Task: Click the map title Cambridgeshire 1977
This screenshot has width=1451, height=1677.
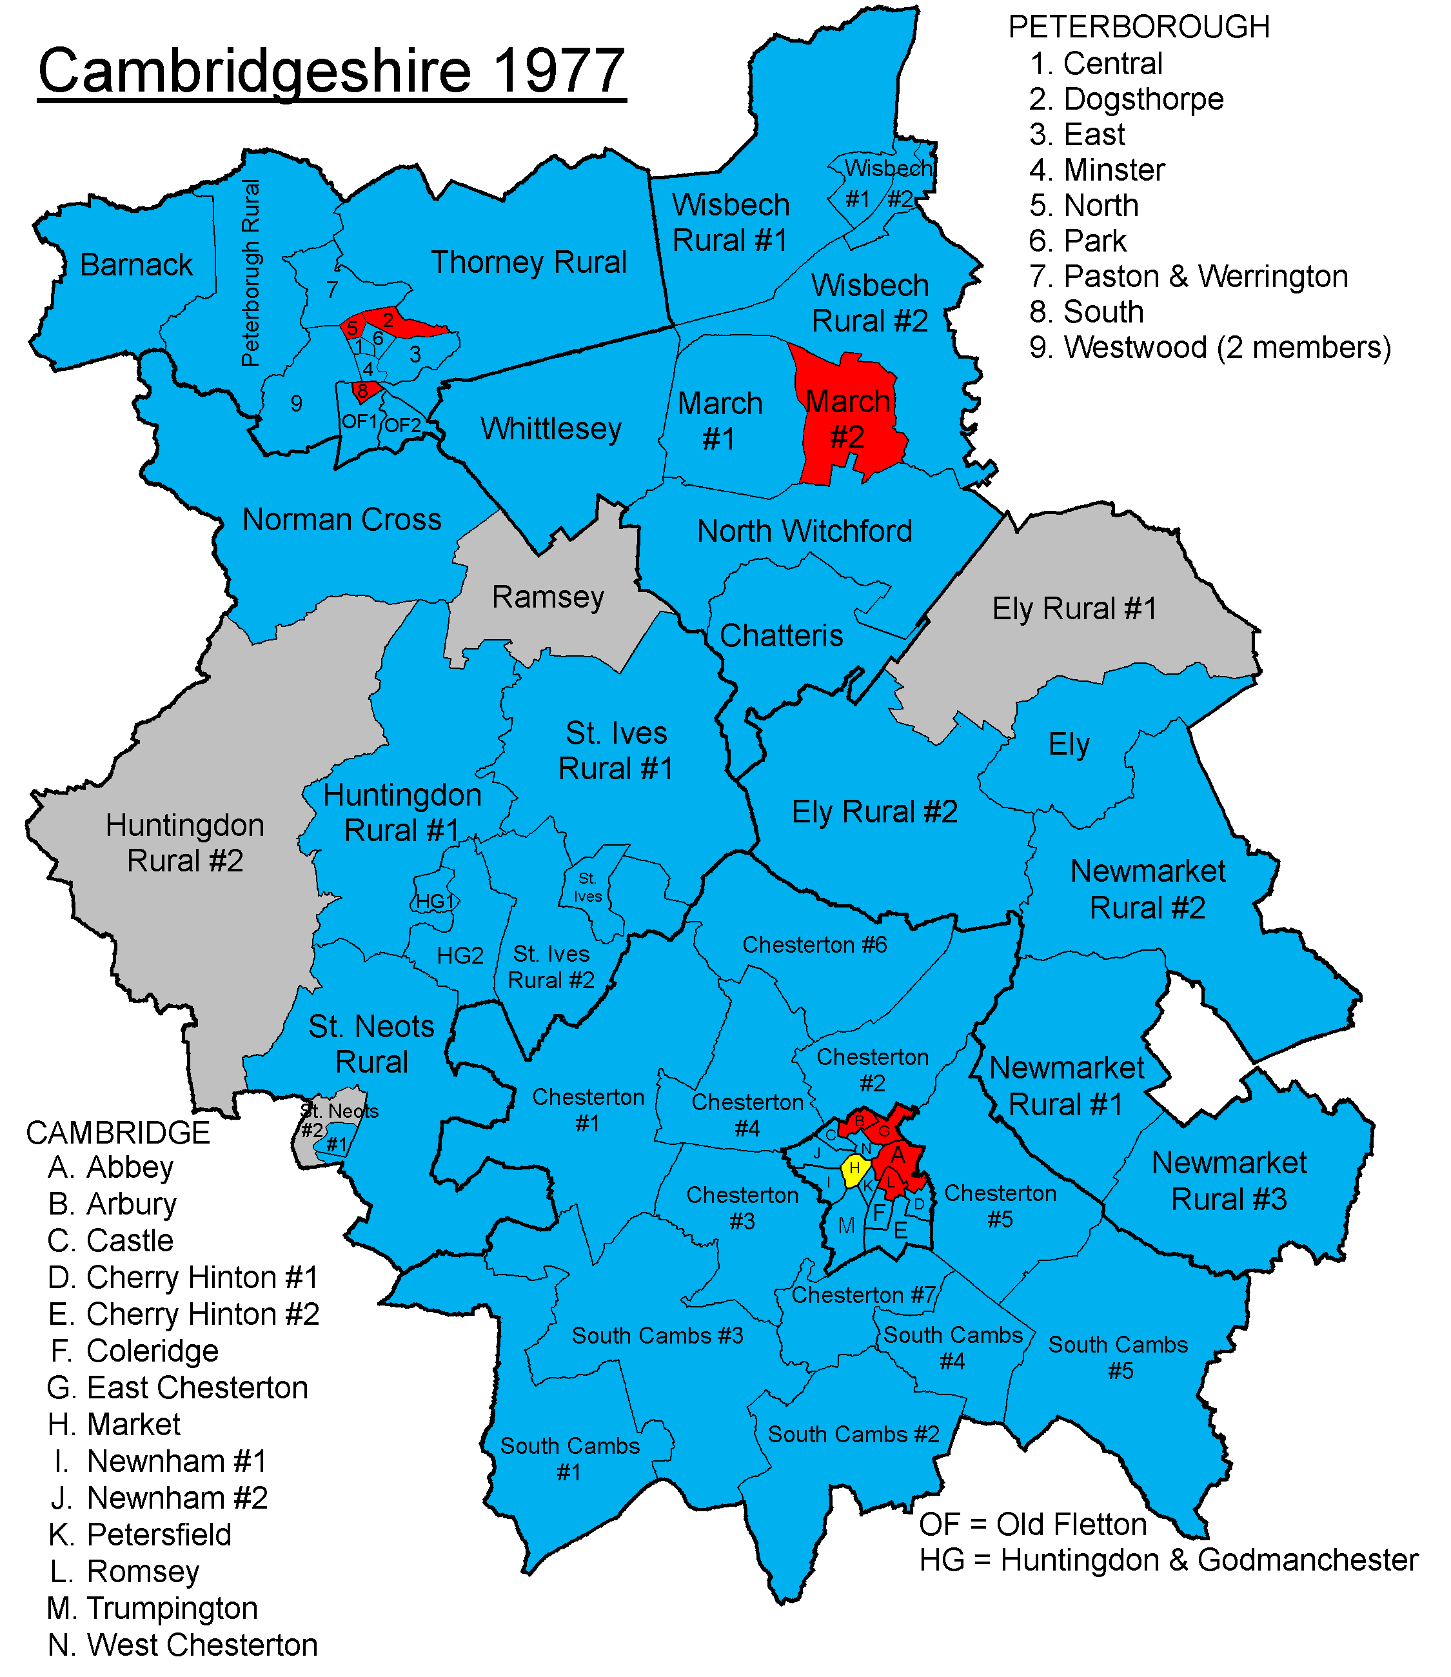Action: tap(331, 71)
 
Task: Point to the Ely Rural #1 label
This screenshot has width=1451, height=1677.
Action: tap(1074, 608)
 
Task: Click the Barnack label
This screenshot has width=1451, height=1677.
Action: tap(136, 265)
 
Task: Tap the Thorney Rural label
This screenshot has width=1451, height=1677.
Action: tap(528, 263)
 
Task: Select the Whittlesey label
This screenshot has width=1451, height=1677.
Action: tap(551, 428)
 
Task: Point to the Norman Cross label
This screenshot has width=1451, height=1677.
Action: tap(342, 519)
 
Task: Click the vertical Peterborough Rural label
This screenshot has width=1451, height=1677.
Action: tap(251, 273)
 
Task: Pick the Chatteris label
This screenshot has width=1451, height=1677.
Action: tap(782, 636)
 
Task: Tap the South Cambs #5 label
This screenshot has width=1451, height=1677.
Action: tap(1118, 1358)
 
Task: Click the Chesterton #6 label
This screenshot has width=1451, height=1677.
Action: tap(814, 945)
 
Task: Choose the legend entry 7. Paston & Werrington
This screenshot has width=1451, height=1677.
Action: tap(1188, 277)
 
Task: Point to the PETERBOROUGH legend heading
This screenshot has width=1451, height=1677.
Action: tap(1138, 28)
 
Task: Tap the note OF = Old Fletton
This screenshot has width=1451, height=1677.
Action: tap(1032, 1525)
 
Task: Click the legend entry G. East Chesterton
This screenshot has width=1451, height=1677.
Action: tap(177, 1388)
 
